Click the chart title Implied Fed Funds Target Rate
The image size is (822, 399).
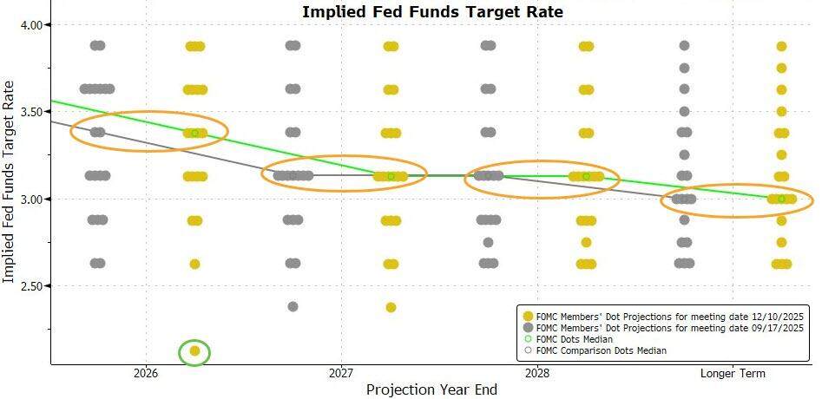[431, 12]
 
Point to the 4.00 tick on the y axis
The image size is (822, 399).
[30, 25]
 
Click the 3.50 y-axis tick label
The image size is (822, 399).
[30, 112]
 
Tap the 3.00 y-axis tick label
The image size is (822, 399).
[30, 199]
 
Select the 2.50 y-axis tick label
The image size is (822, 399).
[30, 286]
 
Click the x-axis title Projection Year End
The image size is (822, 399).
[431, 389]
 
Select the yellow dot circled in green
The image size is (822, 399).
[194, 351]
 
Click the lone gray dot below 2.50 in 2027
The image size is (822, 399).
[293, 307]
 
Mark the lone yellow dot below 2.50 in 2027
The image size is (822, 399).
[391, 308]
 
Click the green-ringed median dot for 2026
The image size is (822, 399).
[195, 133]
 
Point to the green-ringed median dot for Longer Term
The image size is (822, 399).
[781, 199]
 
